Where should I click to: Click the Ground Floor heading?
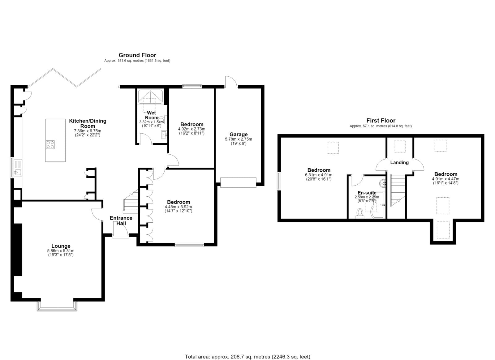point(137,55)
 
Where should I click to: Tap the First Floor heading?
point(381,121)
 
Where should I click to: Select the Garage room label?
point(239,134)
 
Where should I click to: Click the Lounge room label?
point(61,246)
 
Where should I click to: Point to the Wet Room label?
point(151,115)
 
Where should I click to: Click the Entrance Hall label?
point(121,221)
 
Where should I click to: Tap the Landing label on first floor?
point(399,163)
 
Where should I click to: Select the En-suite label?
point(367,193)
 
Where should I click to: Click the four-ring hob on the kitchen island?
point(50,145)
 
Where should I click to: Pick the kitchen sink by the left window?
point(18,171)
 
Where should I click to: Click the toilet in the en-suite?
point(360,213)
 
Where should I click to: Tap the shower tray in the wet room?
point(150,96)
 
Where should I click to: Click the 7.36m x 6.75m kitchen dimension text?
point(88,131)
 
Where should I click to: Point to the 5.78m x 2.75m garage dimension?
point(239,139)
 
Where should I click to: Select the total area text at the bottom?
point(247,350)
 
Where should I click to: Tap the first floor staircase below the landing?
point(398,191)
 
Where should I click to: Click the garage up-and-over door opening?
point(238,183)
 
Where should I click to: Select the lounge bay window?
point(57,306)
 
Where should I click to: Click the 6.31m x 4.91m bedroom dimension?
point(319,175)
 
